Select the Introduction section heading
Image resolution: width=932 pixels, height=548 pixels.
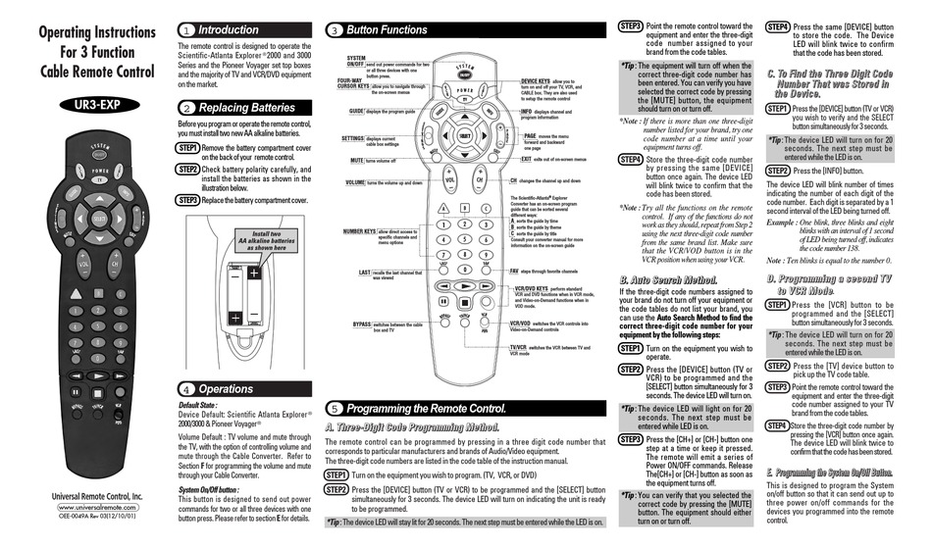(x=228, y=29)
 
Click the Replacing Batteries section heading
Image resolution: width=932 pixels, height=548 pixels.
(x=245, y=108)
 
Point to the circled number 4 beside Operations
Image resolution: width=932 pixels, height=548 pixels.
(x=187, y=389)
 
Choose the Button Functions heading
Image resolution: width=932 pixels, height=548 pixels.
(x=386, y=30)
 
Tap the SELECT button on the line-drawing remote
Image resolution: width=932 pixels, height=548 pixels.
(x=462, y=133)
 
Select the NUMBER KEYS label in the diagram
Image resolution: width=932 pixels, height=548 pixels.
(x=364, y=231)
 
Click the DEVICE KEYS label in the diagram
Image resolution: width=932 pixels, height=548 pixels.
(x=536, y=80)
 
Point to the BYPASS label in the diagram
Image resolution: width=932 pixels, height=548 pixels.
(x=362, y=323)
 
